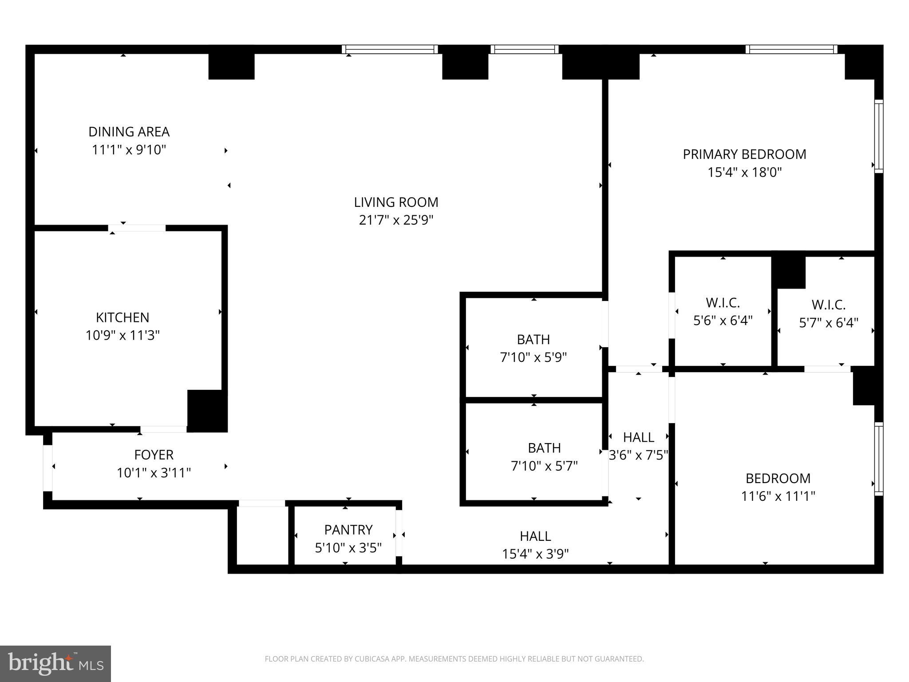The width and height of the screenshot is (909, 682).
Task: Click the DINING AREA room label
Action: tap(129, 132)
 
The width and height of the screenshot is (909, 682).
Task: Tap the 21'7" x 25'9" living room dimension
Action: tap(396, 220)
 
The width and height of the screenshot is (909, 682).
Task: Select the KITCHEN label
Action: tap(123, 317)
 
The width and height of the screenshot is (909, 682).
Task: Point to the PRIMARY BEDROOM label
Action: tap(744, 155)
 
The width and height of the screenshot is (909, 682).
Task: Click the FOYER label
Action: tap(154, 455)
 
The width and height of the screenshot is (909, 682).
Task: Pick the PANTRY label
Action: tap(348, 530)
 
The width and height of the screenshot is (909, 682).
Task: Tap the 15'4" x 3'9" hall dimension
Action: tap(535, 554)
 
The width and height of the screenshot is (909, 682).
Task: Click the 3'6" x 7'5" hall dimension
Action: tap(638, 456)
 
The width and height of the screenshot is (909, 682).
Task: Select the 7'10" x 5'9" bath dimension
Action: tap(534, 357)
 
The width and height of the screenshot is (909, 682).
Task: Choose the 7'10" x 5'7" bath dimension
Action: tap(544, 466)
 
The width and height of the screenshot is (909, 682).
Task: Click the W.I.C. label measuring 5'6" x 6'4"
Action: tap(723, 303)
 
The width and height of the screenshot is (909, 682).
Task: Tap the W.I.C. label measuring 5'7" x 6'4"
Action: tap(828, 305)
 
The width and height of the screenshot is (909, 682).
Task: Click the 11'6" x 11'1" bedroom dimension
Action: tap(778, 496)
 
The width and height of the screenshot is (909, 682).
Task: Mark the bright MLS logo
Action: tap(55, 663)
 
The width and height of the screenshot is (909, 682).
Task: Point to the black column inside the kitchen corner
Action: tap(207, 410)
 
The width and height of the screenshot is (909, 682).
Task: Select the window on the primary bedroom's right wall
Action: tap(878, 136)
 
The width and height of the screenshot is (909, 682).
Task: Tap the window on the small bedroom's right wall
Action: tap(878, 459)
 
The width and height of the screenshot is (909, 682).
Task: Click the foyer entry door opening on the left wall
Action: tap(47, 468)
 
